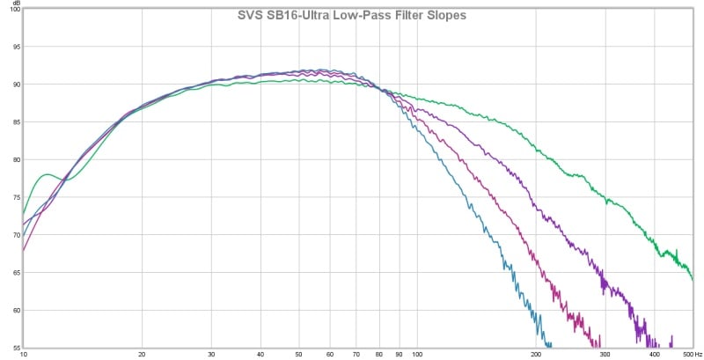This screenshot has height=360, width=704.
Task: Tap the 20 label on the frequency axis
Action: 143,355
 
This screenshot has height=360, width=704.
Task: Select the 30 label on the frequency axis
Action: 211,355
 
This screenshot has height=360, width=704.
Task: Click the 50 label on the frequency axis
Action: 299,355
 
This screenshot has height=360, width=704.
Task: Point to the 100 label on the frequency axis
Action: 418,355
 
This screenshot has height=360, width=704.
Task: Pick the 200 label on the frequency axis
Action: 536,355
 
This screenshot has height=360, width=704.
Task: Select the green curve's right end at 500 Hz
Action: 693,279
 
